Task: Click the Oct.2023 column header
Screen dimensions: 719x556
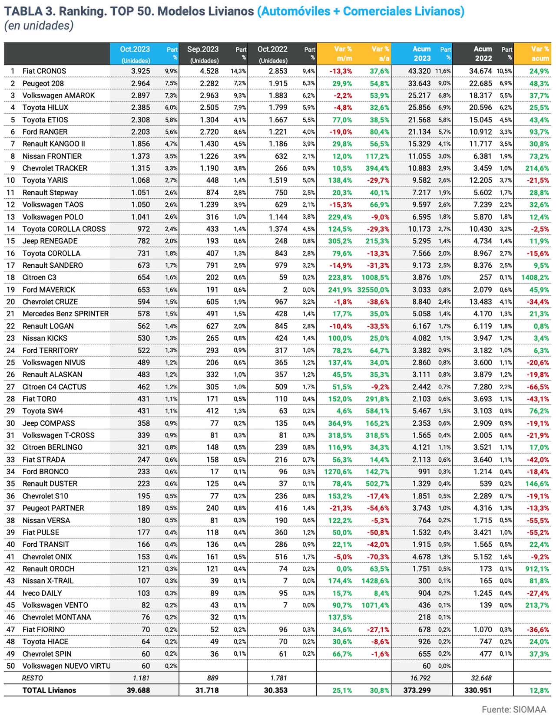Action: click(135, 49)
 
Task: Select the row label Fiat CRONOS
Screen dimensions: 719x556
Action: click(44, 71)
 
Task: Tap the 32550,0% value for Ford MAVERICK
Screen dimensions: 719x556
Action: click(373, 290)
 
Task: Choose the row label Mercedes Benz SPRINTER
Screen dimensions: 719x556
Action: click(66, 314)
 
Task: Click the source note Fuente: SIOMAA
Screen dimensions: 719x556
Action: click(513, 709)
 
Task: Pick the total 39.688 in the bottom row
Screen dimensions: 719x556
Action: click(138, 690)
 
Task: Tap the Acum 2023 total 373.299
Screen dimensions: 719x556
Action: click(417, 690)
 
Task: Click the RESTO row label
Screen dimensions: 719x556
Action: click(33, 678)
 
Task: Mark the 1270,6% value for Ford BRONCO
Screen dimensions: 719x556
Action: click(338, 472)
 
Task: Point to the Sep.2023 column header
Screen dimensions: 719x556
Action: click(203, 49)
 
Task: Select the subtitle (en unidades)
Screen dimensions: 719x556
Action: click(39, 26)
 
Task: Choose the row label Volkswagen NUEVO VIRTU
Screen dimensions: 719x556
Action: click(66, 666)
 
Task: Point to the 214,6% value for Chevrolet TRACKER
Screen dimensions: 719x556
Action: click(537, 168)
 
